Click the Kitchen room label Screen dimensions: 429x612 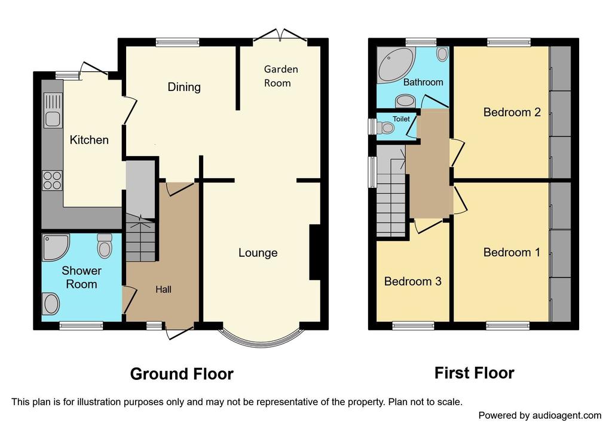(89, 140)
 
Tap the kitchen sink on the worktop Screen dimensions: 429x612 (52, 118)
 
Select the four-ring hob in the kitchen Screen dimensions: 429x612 (52, 180)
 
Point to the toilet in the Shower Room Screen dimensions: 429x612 (105, 245)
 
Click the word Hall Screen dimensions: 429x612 (163, 290)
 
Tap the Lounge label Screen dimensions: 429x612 (258, 252)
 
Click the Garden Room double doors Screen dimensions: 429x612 (280, 35)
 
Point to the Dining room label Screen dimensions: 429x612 (183, 87)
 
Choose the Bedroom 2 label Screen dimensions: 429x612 (512, 112)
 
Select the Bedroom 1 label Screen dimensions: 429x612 (512, 252)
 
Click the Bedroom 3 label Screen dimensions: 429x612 (412, 281)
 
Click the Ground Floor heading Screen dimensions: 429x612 (181, 374)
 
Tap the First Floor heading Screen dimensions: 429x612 (474, 373)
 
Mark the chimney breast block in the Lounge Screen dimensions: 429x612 (314, 252)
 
